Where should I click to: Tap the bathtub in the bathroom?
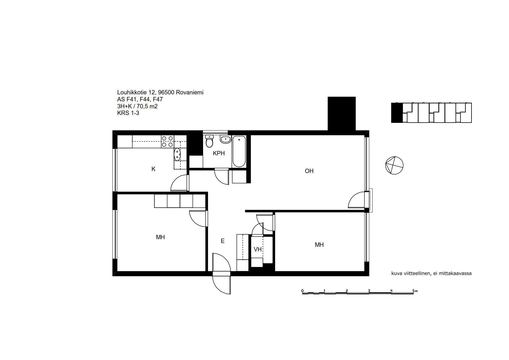[x=239, y=151]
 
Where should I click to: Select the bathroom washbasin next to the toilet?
[x=225, y=139]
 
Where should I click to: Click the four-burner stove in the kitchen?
[x=167, y=141]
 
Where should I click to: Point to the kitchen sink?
[x=177, y=154]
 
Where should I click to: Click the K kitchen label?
[x=153, y=169]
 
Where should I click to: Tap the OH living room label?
[x=309, y=171]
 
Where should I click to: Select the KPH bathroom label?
[x=219, y=153]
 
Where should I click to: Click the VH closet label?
[x=258, y=249]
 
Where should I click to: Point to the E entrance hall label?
[x=223, y=241]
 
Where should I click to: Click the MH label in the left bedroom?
[x=160, y=237]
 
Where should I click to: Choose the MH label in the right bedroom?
[x=319, y=245]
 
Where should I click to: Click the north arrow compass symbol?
[x=394, y=165]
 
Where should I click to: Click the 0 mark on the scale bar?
[x=302, y=291]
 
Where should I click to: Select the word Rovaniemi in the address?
[x=189, y=92]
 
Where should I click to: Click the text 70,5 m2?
[x=147, y=106]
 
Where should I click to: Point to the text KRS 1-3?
[x=128, y=113]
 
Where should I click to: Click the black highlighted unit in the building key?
[x=397, y=113]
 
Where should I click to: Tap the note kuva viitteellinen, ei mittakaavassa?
[x=431, y=273]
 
